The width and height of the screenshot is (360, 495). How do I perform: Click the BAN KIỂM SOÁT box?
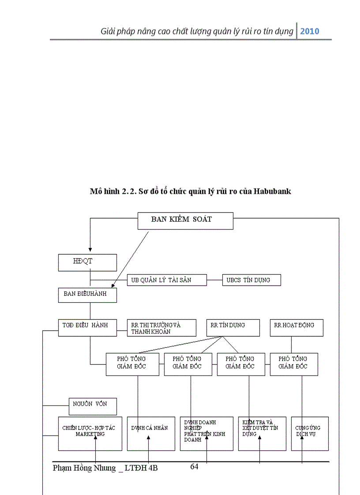(185, 221)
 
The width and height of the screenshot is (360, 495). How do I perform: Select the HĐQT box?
(87, 262)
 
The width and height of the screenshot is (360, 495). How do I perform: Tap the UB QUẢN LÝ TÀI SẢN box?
(167, 280)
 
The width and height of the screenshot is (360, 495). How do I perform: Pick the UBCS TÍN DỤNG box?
(251, 280)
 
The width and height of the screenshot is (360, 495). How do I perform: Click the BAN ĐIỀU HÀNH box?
(87, 295)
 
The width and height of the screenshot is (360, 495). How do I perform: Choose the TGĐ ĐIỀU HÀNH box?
(87, 328)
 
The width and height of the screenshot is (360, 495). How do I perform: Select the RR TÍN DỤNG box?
(233, 328)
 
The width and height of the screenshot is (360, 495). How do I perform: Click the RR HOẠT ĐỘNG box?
(296, 328)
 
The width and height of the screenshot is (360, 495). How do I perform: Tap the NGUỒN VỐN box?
(93, 406)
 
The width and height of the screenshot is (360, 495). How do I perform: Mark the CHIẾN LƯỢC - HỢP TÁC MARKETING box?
(90, 433)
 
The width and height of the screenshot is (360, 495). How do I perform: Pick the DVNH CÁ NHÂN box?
(151, 433)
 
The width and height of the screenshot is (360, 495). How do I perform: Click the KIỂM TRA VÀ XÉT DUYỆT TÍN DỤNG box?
(262, 433)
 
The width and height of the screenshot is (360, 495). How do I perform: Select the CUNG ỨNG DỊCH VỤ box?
(310, 433)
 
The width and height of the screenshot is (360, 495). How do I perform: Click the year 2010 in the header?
(310, 31)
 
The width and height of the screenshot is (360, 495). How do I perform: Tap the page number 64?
(194, 467)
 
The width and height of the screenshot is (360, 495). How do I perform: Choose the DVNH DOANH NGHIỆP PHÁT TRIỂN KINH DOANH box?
(206, 433)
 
